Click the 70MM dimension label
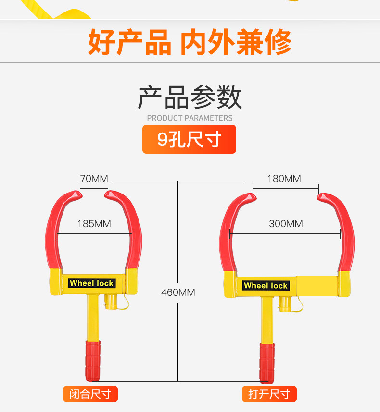tap(94, 179)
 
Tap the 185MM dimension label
tap(94, 224)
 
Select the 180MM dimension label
tap(284, 179)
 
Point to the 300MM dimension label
tap(286, 223)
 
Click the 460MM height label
tap(178, 292)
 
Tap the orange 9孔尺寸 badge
tap(189, 139)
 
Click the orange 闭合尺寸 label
tap(90, 394)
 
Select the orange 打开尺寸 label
tap(269, 394)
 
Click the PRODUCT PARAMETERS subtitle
tap(190, 118)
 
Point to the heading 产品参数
tap(190, 97)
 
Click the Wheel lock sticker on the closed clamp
tap(91, 283)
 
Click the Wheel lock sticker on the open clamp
tap(266, 286)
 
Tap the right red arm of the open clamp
tap(345, 230)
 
